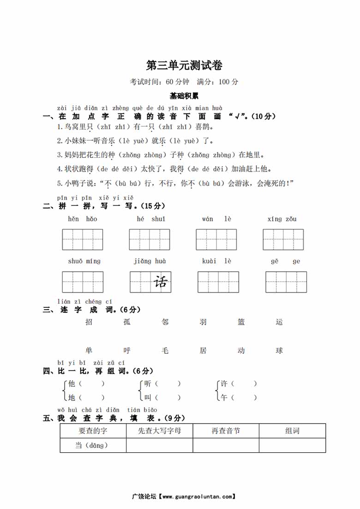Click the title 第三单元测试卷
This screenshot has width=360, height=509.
click(184, 66)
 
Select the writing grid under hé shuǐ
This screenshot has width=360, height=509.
click(150, 239)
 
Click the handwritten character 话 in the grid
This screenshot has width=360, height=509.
click(161, 282)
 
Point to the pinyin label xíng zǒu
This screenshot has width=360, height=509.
click(282, 219)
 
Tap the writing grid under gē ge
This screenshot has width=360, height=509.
click(286, 282)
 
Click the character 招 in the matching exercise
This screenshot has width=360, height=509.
click(89, 322)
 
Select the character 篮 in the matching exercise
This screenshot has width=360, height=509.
click(241, 322)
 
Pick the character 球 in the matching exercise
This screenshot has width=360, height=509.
click(279, 351)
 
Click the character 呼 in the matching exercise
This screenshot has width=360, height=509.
click(127, 351)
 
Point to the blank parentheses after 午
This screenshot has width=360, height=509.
click(244, 397)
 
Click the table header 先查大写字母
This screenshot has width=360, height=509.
click(159, 431)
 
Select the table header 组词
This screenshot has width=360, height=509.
click(292, 431)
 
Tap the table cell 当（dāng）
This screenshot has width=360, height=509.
click(93, 445)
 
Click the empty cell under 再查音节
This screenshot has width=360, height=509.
click(226, 445)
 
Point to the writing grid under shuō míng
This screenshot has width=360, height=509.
click(83, 282)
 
